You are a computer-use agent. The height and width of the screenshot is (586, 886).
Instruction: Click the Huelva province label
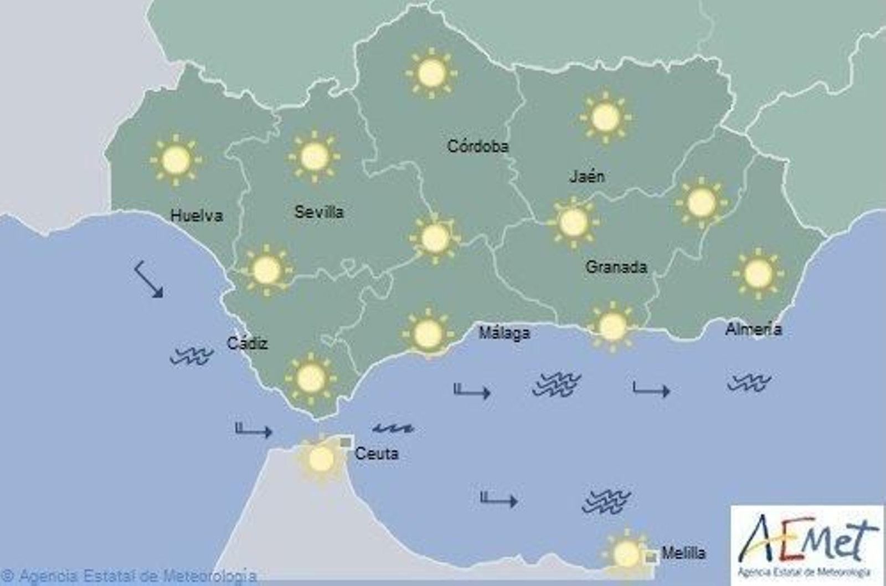point(197,215)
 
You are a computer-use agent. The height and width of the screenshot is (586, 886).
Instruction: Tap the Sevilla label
point(319,212)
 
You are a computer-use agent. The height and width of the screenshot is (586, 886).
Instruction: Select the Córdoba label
point(477,146)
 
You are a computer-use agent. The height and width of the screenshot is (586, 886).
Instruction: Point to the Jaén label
point(587,177)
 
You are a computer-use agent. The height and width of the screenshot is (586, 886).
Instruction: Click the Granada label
point(616,267)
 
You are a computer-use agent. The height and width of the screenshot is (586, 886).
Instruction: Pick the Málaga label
point(504,333)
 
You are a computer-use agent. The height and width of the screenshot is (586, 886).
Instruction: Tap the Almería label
point(753,330)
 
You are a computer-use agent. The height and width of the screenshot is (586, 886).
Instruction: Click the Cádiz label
point(247,343)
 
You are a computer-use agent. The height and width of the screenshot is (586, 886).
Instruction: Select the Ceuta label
point(377,454)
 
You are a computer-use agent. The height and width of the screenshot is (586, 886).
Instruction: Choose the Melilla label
point(683,553)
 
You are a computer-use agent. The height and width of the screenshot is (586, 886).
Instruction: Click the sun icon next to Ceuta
point(321,459)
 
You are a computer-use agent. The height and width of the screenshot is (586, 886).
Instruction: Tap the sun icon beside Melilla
point(626,553)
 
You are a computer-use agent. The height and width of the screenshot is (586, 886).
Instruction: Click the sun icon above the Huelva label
point(176,160)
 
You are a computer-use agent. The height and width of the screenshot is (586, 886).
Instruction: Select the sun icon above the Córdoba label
point(431,73)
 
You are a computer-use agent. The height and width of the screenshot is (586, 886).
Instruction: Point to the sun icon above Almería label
point(758,273)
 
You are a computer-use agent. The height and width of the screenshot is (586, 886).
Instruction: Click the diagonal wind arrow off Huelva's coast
point(149,280)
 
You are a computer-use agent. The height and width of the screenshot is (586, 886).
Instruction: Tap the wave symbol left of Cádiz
point(192,356)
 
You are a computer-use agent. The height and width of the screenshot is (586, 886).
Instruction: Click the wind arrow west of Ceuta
point(254,430)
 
